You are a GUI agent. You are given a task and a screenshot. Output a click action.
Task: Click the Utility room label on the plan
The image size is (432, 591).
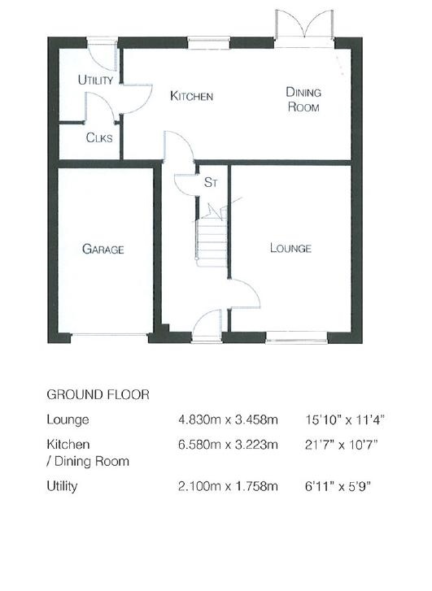(95, 80)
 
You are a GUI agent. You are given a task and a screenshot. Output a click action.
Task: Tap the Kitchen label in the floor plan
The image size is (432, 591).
(192, 96)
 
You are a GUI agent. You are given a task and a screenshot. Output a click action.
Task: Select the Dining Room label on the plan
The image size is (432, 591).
(303, 99)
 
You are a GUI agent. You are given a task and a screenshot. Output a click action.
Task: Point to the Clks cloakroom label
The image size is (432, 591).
(99, 137)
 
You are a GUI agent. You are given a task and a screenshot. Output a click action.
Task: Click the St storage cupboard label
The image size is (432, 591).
(211, 182)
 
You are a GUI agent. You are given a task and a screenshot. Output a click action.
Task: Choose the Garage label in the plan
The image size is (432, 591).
(103, 249)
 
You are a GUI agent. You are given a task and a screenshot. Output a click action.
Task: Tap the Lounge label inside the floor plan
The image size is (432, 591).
(290, 248)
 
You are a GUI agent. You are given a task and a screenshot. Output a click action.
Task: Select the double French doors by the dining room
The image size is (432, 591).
(304, 25)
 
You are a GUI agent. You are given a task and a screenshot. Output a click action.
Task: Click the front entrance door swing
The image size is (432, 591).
(207, 324)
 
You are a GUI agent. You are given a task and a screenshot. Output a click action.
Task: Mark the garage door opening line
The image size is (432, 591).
(109, 334)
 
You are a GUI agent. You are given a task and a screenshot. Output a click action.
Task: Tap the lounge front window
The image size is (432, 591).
(297, 337)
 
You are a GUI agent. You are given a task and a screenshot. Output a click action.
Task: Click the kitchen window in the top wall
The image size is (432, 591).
(208, 42)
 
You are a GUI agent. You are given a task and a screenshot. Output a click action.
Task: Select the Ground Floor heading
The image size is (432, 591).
(98, 394)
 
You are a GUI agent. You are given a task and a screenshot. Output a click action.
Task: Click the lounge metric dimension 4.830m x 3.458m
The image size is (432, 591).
(228, 419)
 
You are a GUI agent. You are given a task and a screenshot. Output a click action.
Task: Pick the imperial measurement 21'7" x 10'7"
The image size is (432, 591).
(341, 445)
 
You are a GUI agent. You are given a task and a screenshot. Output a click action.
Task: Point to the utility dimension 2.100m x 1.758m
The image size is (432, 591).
(228, 486)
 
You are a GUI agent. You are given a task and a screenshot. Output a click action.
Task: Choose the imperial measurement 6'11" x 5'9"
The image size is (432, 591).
(338, 486)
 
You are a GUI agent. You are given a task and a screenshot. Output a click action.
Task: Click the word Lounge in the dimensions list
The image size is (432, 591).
(68, 420)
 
